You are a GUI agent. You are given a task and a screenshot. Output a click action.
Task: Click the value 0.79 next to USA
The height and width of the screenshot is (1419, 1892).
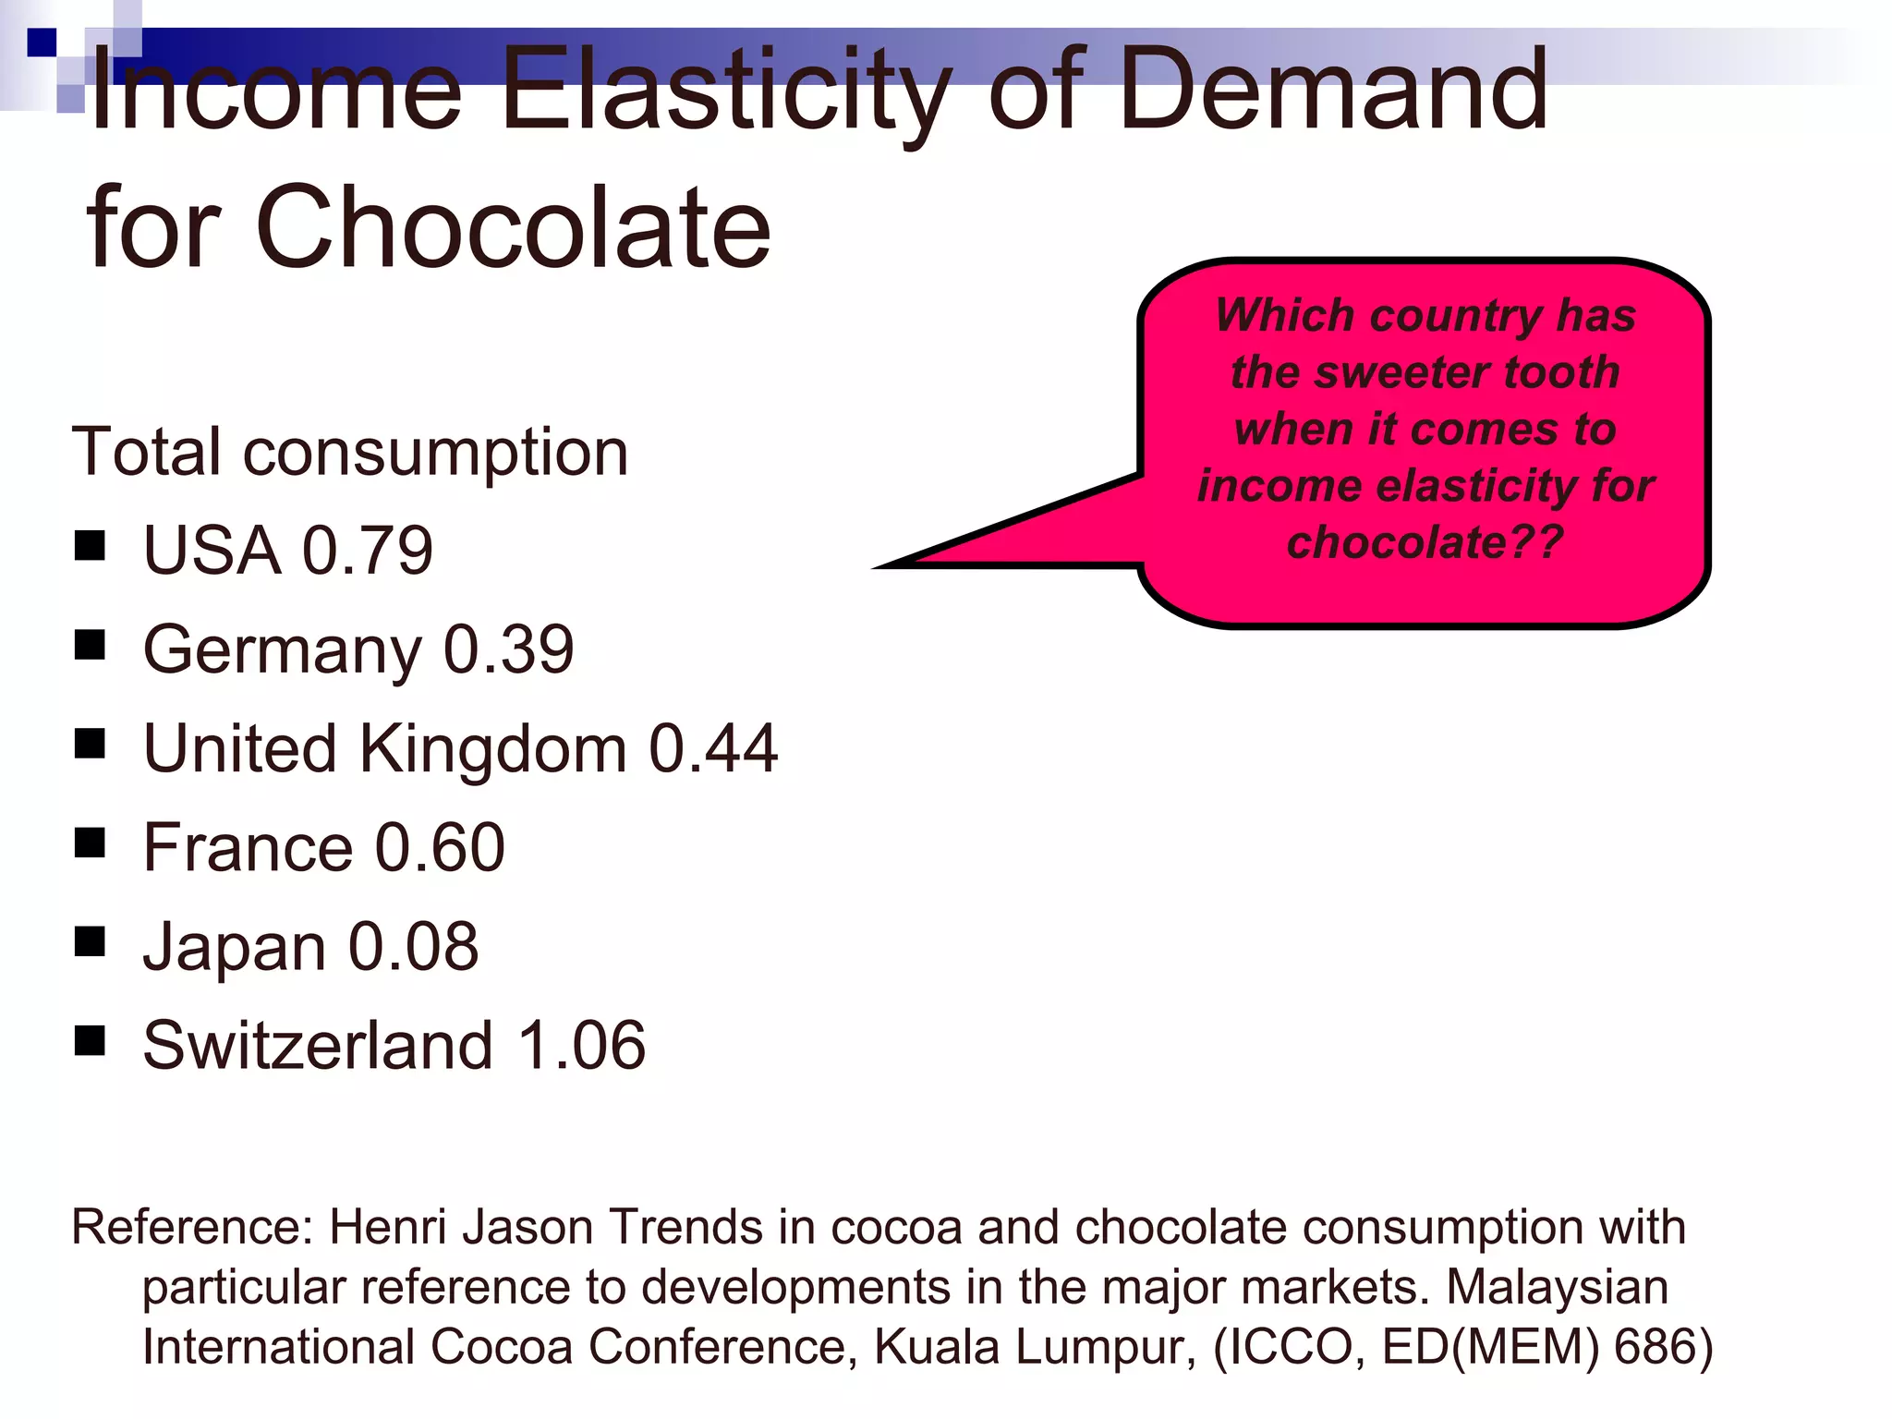point(368,551)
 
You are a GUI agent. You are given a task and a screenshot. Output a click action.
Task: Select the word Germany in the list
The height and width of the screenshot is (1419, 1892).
point(282,650)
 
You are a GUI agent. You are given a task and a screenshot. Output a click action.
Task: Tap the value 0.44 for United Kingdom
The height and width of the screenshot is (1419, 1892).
point(713,748)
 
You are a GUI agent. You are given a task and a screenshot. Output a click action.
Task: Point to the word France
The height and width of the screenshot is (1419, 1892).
point(248,847)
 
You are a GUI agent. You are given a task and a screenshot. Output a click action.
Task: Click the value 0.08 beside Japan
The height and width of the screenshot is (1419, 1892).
point(413,947)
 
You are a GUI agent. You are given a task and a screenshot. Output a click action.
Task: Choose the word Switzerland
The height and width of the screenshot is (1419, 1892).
point(318,1046)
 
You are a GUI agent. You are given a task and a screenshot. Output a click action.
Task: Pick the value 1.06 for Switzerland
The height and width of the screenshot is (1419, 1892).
point(581,1046)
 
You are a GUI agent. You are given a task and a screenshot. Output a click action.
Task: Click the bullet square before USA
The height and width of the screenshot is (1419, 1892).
point(90,546)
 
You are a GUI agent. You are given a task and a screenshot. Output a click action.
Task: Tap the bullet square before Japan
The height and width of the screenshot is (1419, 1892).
point(90,942)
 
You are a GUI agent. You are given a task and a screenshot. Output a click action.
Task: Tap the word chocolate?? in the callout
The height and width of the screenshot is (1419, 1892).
point(1425,542)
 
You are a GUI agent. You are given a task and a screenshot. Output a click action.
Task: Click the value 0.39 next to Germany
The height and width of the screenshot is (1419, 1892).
point(508,650)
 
